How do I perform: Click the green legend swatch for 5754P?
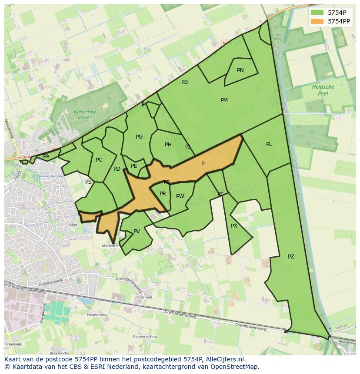(317, 13)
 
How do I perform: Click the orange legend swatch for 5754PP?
(317, 21)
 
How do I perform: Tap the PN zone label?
(240, 70)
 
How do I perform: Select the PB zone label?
(185, 82)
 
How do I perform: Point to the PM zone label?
(224, 100)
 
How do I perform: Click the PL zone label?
(269, 144)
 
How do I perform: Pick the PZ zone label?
(291, 257)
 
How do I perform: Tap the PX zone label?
(234, 226)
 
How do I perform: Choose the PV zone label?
(137, 232)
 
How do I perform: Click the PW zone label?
(180, 196)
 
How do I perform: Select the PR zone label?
(163, 194)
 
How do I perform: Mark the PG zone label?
(139, 137)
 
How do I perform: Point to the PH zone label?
(168, 145)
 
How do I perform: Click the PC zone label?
(99, 160)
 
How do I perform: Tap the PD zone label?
(117, 169)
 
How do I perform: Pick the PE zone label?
(134, 166)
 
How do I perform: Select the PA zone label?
(46, 156)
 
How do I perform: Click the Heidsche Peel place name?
(323, 90)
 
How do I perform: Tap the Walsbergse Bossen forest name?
(82, 115)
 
